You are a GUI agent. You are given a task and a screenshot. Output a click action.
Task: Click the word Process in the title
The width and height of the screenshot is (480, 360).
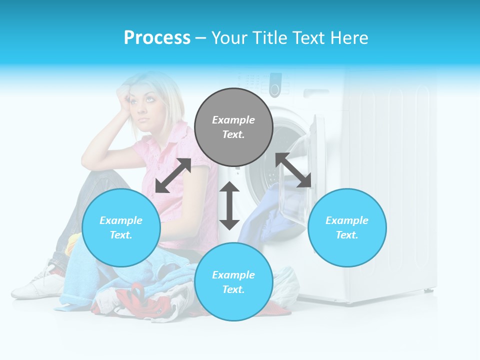pos(157,38)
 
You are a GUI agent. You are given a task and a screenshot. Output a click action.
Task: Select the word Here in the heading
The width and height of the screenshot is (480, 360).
pos(348,38)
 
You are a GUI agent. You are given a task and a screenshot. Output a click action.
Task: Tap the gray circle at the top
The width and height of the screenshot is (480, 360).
pos(233,127)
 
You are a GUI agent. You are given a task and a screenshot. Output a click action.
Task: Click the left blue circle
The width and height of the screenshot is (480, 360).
pos(121,227)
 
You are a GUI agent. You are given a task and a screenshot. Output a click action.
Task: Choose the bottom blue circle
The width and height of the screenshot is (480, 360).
pos(233,281)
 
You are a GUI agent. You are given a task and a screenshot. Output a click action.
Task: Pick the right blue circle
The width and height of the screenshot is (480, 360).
pos(347,227)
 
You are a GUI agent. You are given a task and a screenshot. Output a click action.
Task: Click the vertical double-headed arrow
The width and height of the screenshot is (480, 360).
pos(229,205)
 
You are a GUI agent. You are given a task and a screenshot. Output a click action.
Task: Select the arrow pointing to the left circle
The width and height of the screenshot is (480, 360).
pos(173,175)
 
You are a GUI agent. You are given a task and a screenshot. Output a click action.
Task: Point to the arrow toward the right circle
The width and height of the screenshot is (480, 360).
pos(293,170)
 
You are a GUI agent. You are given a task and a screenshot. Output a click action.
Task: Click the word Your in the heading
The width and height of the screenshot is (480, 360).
pos(228,38)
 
